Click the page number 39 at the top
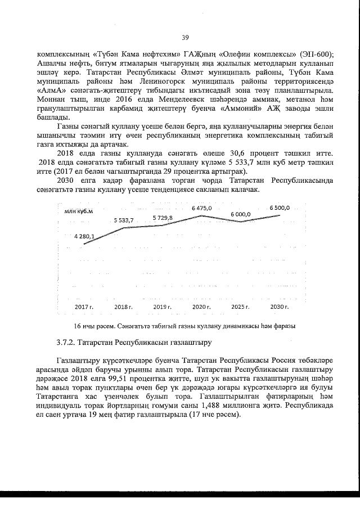[x=184, y=38]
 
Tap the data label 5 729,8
[x=163, y=218]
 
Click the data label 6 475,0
[x=202, y=208]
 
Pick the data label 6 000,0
[x=240, y=214]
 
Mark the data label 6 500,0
[x=280, y=208]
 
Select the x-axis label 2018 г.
[x=123, y=307]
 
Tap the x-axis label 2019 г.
[x=163, y=307]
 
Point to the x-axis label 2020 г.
[x=201, y=307]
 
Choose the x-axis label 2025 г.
[x=241, y=307]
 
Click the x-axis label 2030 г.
[x=280, y=307]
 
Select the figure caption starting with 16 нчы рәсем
[x=185, y=326]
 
